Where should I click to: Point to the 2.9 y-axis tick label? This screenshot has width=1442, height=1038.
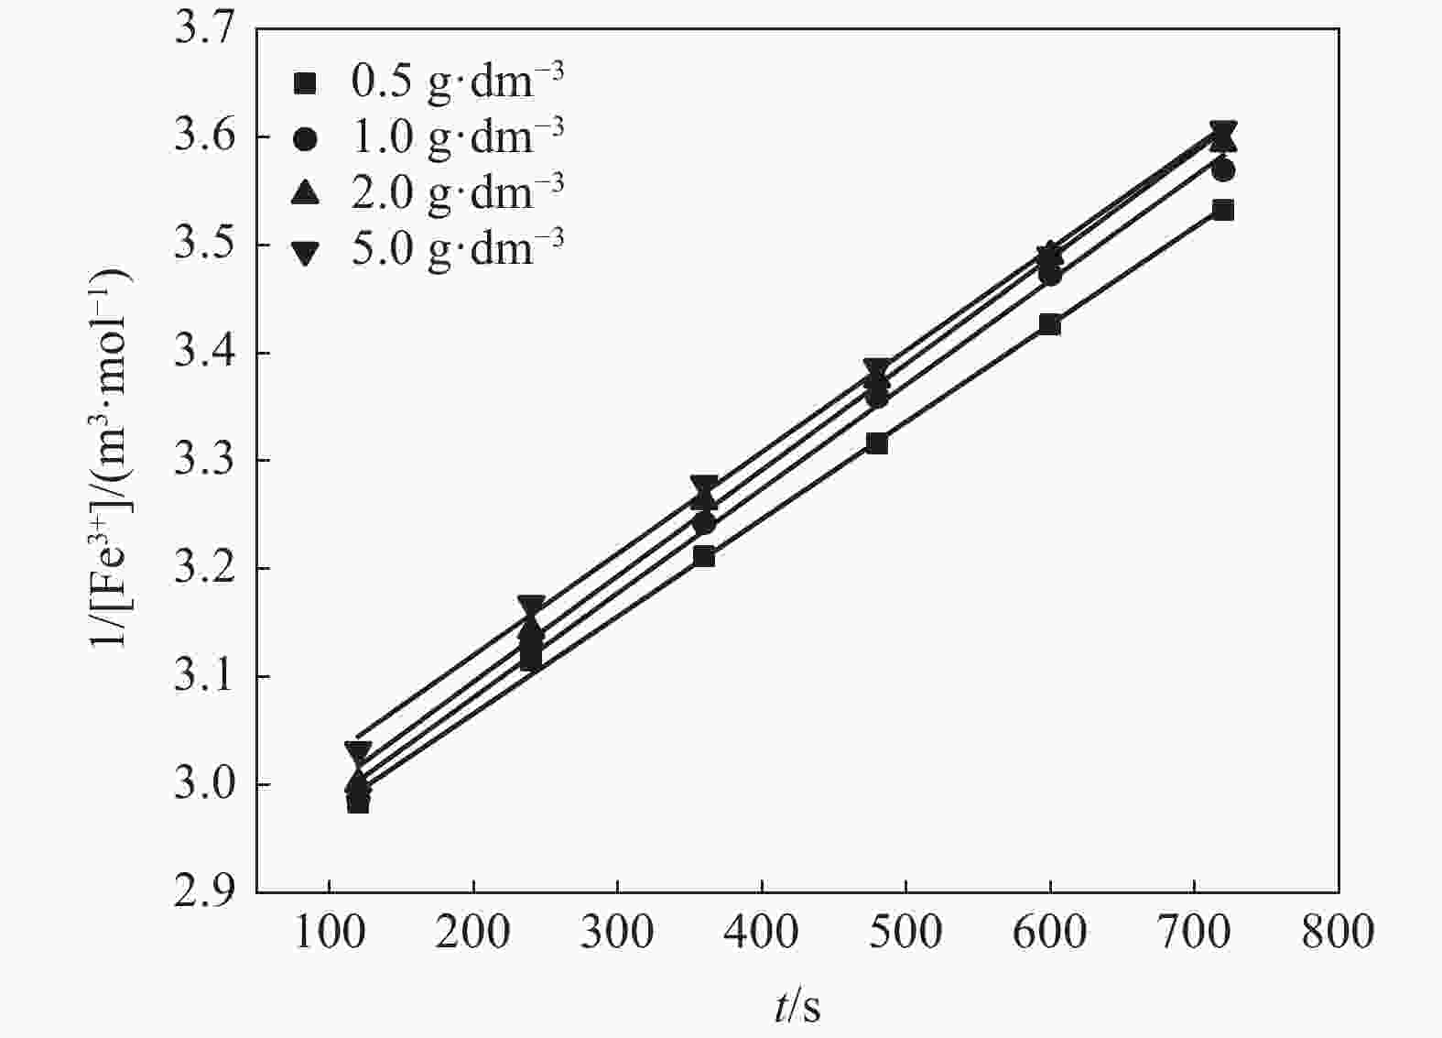(205, 891)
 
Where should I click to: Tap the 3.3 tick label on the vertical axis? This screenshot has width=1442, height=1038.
(205, 461)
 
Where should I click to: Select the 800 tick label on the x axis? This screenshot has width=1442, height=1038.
(1338, 932)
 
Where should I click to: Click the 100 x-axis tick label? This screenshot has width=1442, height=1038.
(329, 932)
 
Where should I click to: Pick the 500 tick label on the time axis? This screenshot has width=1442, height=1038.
(905, 932)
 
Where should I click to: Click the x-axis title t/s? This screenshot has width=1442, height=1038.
(797, 1007)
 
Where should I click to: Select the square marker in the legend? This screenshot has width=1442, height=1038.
(306, 83)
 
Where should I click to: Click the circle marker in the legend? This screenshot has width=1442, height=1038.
(306, 138)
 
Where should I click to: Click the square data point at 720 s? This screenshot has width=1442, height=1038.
(1223, 211)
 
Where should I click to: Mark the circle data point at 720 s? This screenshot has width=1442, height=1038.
(1223, 170)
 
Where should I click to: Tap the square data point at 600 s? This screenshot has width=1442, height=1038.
(1050, 324)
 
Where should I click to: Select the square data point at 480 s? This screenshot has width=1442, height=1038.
(877, 443)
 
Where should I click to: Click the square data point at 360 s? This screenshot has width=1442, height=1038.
(704, 556)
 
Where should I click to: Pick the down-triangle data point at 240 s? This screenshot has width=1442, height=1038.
(531, 606)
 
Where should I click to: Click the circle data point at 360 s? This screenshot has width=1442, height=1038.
(704, 523)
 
